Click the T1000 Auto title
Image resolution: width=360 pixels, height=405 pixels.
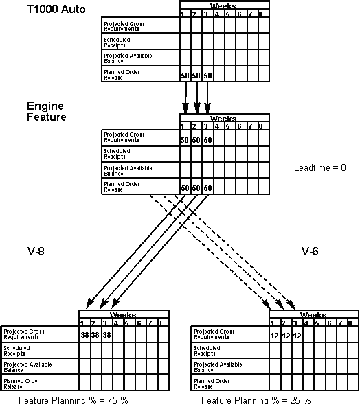(56, 12)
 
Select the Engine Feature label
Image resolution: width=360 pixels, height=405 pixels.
(47, 111)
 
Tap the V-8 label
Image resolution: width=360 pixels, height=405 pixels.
(36, 251)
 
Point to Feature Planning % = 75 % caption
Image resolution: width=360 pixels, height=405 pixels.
(74, 400)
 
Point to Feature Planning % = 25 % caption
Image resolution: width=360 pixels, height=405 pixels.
(256, 400)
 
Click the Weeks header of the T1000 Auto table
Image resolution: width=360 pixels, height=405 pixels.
(224, 5)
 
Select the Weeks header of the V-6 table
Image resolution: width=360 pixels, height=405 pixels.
(313, 315)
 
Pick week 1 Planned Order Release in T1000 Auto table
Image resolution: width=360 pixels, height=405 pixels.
(185, 75)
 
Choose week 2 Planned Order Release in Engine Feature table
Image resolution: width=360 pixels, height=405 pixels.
(196, 188)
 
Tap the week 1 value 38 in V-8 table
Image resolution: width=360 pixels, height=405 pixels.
(84, 336)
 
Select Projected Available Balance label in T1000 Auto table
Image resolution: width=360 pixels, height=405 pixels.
(127, 58)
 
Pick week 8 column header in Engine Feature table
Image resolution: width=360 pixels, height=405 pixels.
(260, 126)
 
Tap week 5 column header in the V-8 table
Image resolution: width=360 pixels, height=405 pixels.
(128, 323)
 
